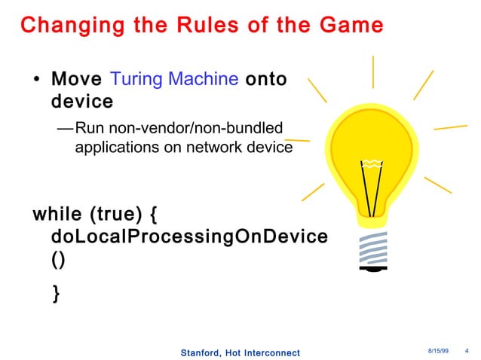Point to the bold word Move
click(77, 79)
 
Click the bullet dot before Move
click(38, 81)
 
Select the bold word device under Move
click(81, 101)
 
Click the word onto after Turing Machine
click(266, 79)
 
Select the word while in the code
click(57, 215)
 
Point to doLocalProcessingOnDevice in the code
click(188, 236)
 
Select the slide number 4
click(468, 352)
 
